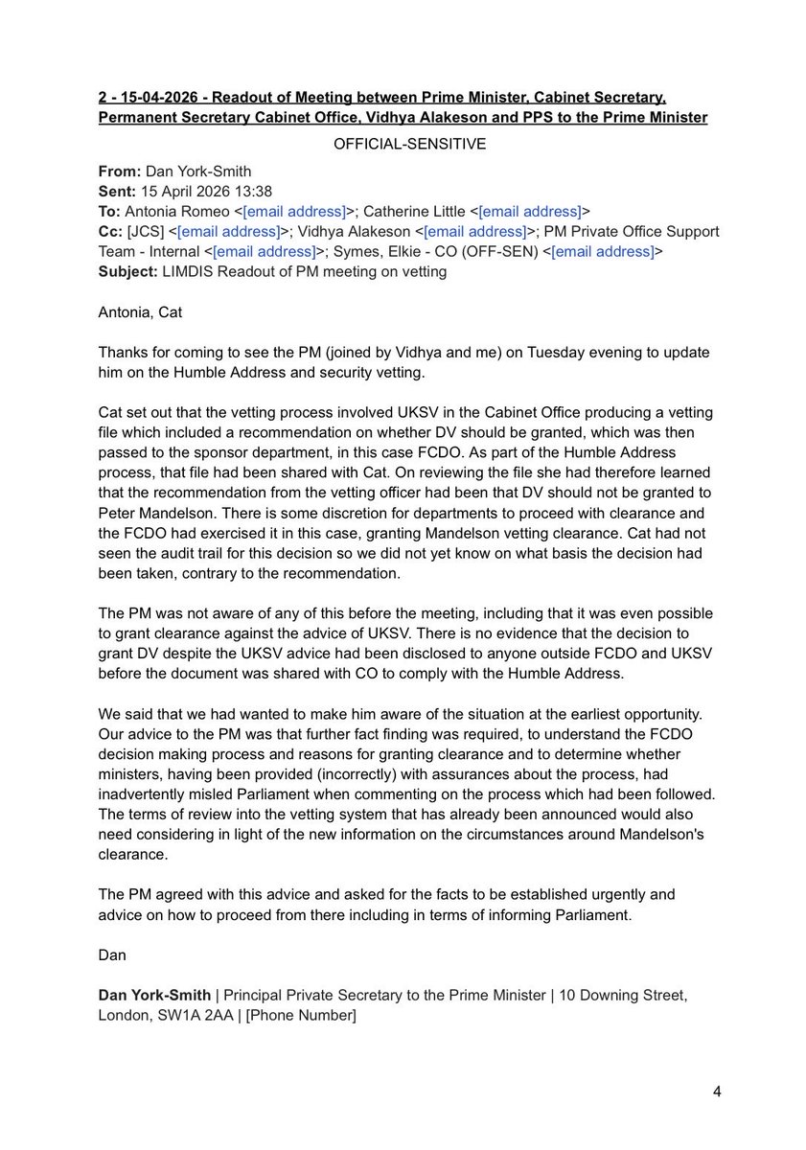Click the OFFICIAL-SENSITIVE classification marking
tap(403, 144)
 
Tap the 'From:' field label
tap(119, 171)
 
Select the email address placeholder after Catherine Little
tap(533, 211)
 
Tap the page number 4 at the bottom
tap(717, 1092)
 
